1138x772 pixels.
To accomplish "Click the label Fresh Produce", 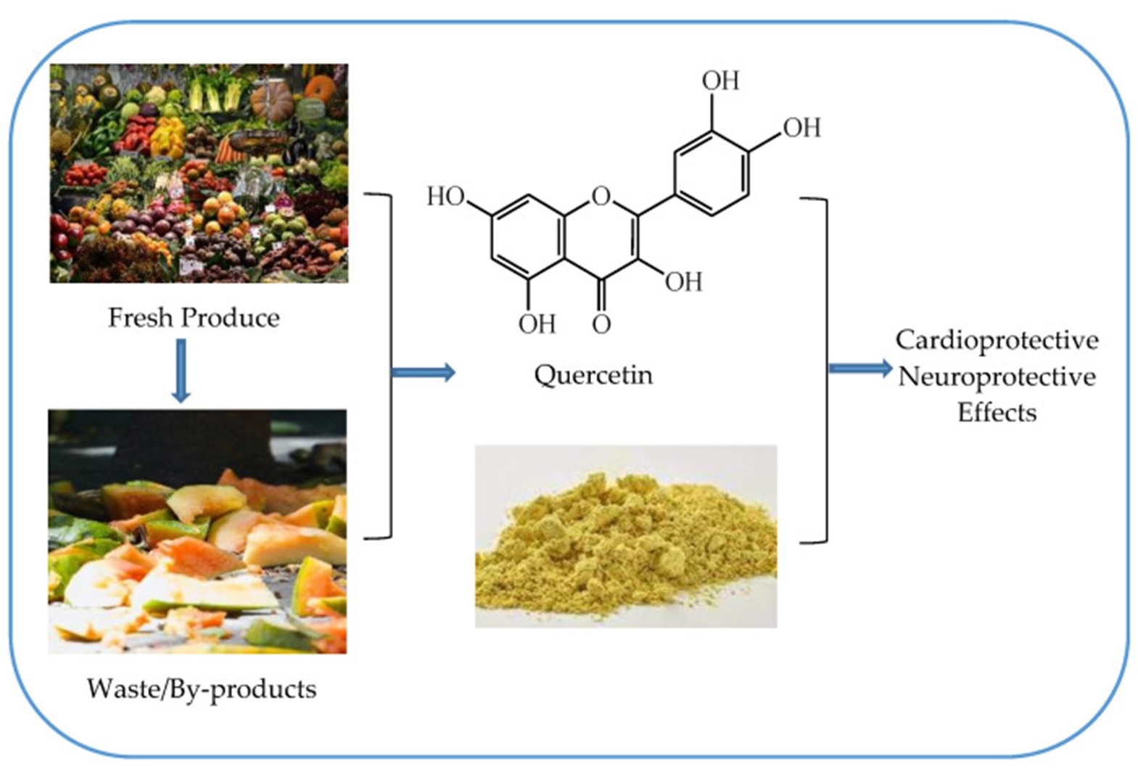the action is (x=194, y=318).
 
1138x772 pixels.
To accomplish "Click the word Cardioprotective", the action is (x=997, y=341).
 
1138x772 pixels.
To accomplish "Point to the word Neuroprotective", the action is (x=997, y=377).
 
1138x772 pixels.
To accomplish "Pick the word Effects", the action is (x=997, y=412).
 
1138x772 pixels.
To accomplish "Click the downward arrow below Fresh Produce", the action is (x=181, y=371).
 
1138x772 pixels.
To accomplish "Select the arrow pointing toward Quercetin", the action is (x=424, y=372).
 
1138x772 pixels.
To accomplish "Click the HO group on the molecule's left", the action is (x=445, y=197).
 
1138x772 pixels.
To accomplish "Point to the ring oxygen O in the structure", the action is (x=601, y=196).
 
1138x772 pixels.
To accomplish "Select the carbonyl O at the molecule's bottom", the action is (x=601, y=324).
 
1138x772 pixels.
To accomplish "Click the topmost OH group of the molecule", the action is (x=720, y=81).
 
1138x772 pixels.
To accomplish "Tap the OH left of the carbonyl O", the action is (x=537, y=324).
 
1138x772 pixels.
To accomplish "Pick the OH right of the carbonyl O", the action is (x=684, y=282).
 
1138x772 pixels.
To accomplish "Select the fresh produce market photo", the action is (x=199, y=173).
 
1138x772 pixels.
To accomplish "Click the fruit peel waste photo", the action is (x=197, y=531).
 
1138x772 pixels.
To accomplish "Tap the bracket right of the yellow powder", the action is (x=826, y=371).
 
